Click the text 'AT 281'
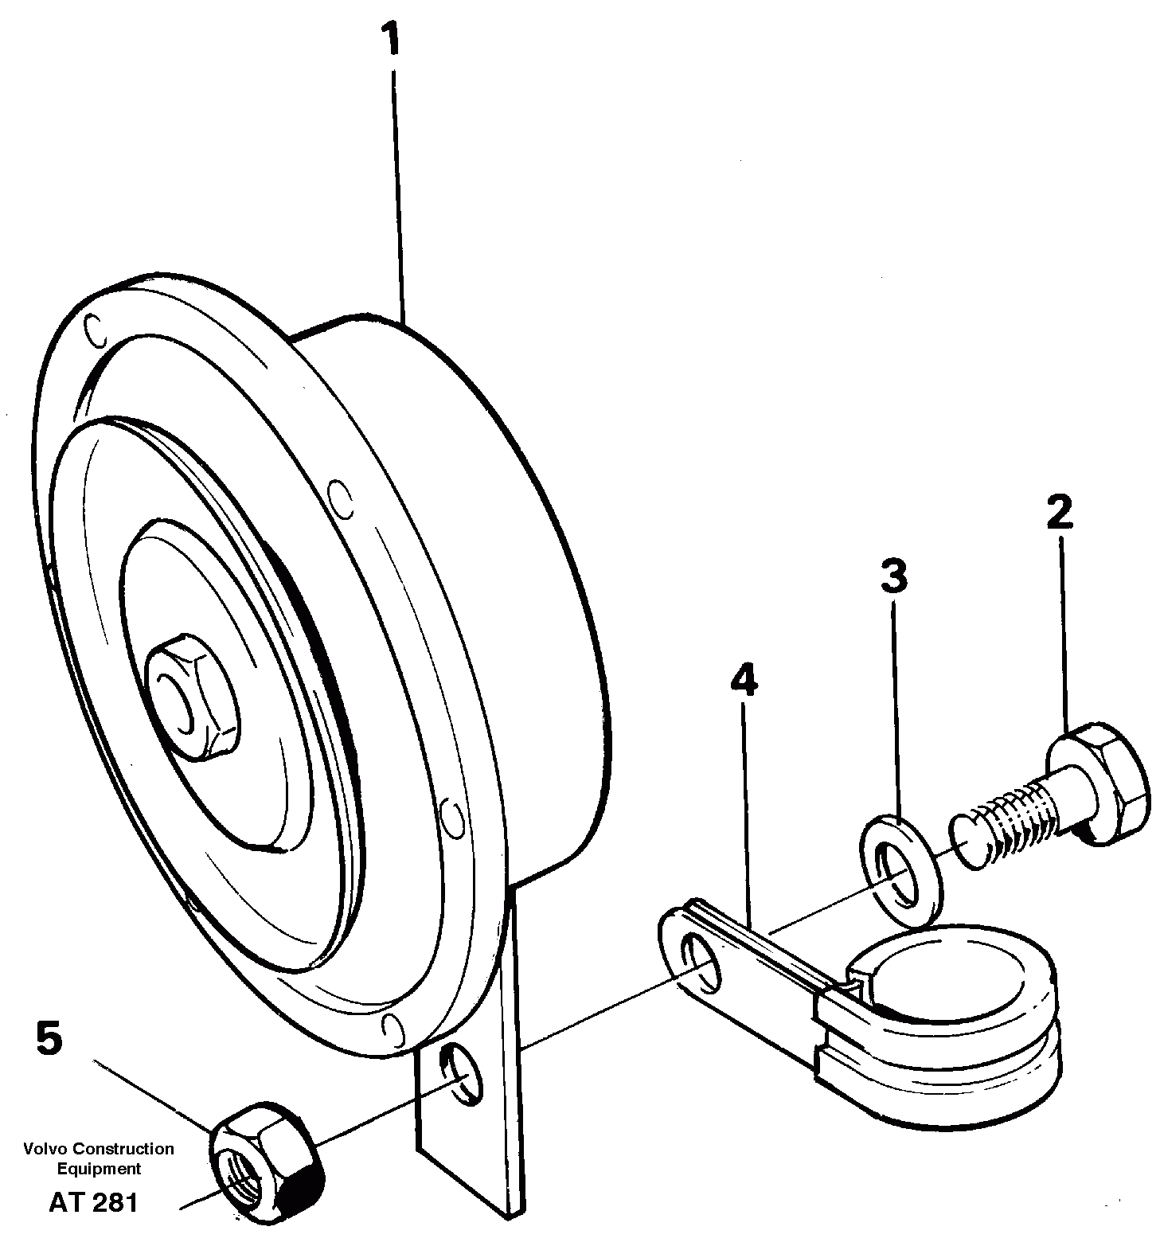[93, 1201]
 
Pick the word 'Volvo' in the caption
[45, 1149]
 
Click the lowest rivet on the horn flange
[389, 1026]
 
